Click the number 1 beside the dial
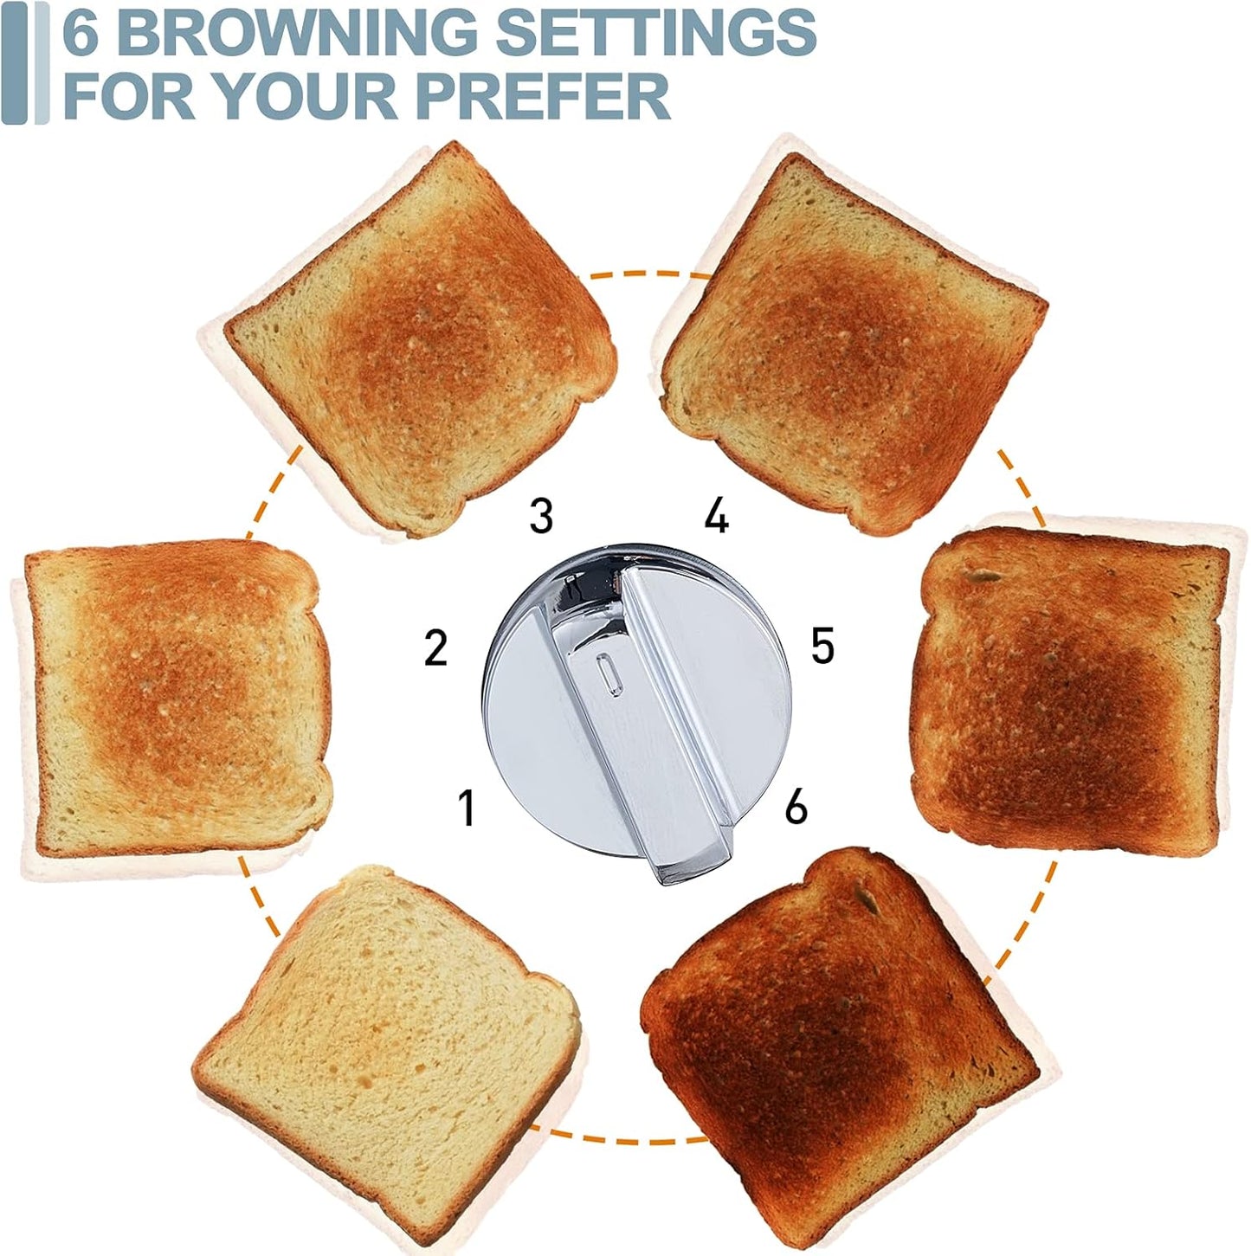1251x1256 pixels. coord(467,807)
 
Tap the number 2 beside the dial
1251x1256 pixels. coord(435,647)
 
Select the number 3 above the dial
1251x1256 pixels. coord(541,515)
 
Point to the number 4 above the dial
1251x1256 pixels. coord(716,516)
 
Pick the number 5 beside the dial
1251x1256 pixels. coord(822,646)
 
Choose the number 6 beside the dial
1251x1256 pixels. coord(796,806)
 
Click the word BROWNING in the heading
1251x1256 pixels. coord(294,32)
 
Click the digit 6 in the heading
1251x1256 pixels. coord(81,32)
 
